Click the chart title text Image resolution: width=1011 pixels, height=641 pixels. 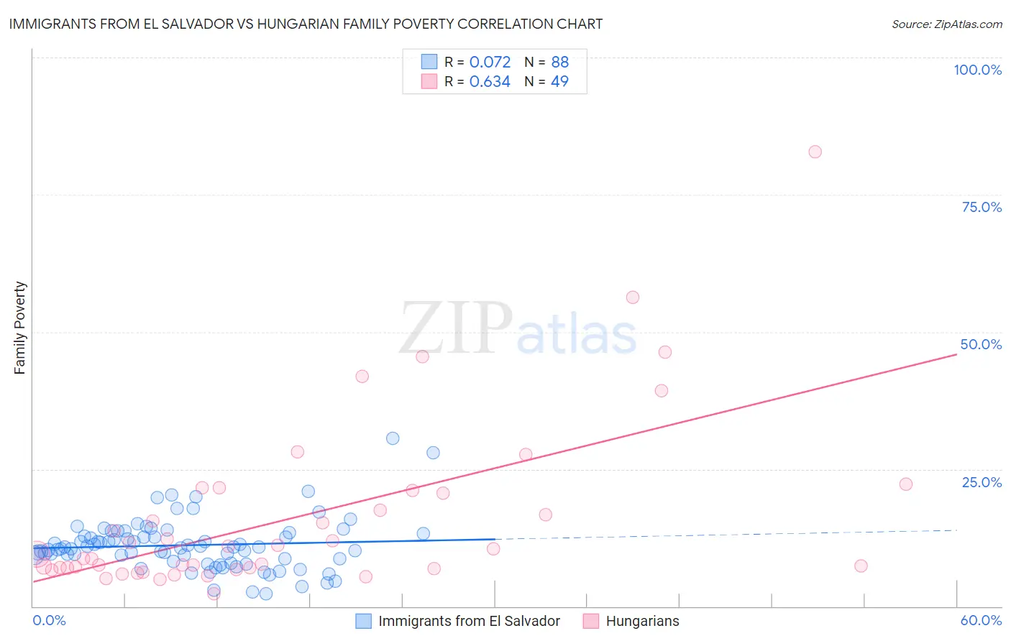(x=306, y=24)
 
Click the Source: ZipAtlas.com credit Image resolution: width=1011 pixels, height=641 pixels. (x=946, y=24)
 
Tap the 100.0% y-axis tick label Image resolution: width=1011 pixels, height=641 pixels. (x=977, y=70)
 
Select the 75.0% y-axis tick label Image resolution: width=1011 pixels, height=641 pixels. (x=982, y=207)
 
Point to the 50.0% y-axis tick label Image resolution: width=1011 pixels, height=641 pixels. (x=981, y=344)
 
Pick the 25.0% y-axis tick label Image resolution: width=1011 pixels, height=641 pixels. (x=982, y=482)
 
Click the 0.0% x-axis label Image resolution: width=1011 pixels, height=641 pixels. (x=49, y=620)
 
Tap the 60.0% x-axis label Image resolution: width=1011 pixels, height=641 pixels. (x=981, y=620)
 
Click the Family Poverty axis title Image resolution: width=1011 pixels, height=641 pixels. (x=20, y=328)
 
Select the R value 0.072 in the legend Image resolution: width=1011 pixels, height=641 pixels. (x=490, y=63)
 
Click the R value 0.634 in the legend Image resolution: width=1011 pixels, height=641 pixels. (x=490, y=82)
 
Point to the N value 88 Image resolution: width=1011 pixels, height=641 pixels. (x=559, y=63)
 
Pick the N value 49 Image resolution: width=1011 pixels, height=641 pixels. (x=559, y=82)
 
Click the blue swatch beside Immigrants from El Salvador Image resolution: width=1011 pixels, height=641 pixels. (x=364, y=621)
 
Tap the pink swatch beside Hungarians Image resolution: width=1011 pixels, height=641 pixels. (x=591, y=621)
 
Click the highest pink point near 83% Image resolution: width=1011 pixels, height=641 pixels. (x=815, y=152)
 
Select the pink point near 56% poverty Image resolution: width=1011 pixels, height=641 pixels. (x=633, y=298)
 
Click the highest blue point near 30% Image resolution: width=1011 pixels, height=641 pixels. (x=393, y=438)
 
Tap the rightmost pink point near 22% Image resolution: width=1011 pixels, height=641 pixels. (x=906, y=484)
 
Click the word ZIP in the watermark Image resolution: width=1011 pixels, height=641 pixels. (x=456, y=328)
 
